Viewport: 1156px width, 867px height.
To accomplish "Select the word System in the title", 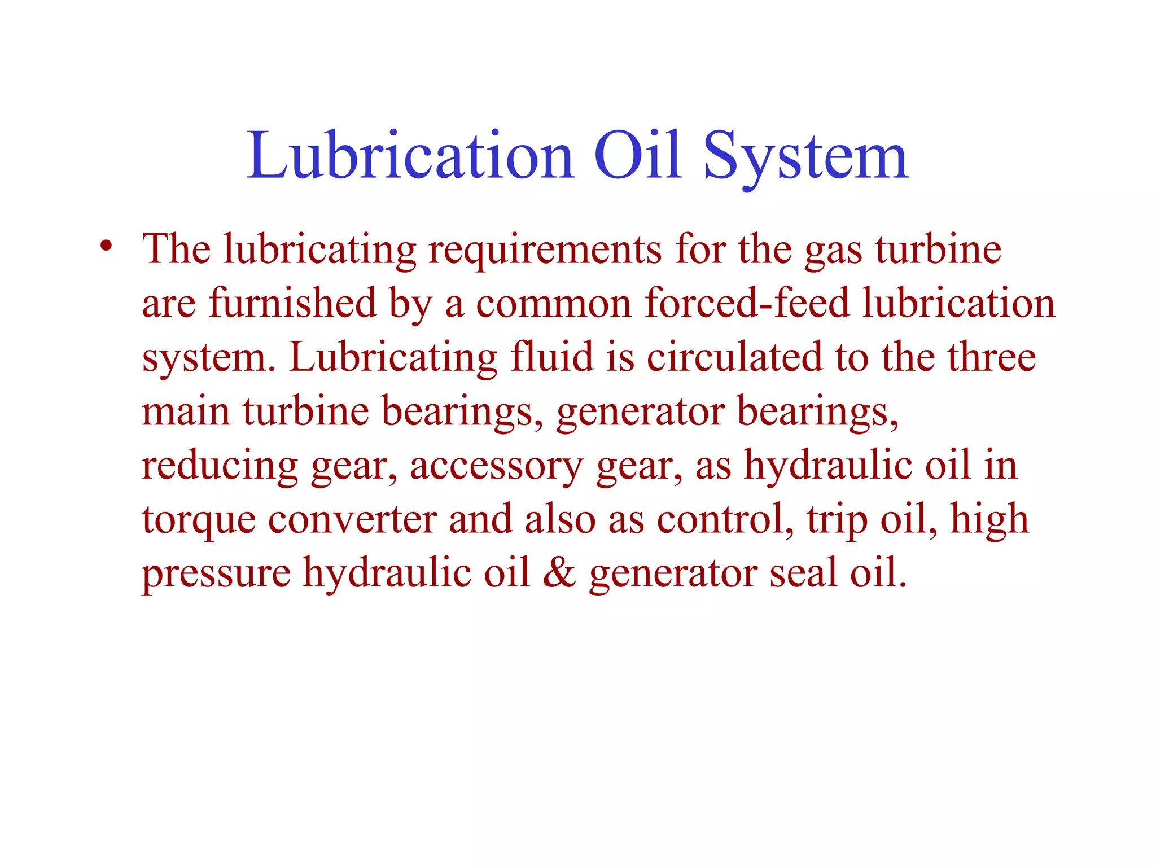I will coord(805,157).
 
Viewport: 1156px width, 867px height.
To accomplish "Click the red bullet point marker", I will coord(106,247).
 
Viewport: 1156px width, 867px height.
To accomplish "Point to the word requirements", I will coord(545,249).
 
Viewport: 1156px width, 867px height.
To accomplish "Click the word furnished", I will coord(292,303).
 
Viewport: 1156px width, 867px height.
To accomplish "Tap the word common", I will coord(553,303).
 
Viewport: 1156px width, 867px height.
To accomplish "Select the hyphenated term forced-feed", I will coord(747,303).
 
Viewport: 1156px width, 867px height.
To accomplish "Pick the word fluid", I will coord(551,357).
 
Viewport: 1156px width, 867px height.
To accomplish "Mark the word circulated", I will coord(734,357).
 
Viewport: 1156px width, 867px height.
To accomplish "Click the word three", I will coord(991,357).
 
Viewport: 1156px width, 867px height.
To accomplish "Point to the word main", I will coord(186,410).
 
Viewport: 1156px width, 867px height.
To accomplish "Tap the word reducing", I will coord(220,466).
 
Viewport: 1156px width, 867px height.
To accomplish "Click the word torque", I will coord(198,519).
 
